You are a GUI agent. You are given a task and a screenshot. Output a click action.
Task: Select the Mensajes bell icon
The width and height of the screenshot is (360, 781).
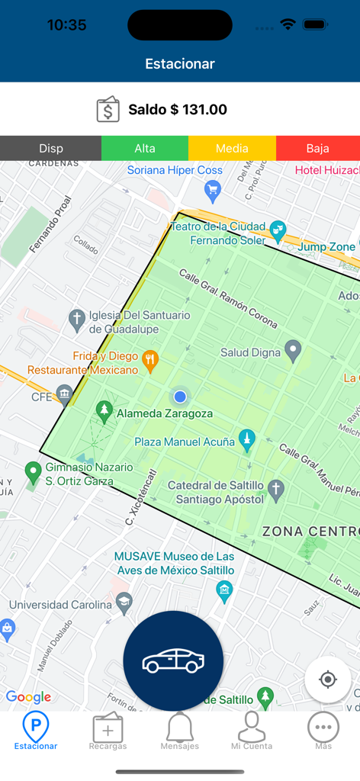pos(180,731)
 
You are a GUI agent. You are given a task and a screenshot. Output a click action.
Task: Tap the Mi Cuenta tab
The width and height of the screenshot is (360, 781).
pos(252,731)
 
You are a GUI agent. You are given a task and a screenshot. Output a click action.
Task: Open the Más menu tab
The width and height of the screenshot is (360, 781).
pos(323,731)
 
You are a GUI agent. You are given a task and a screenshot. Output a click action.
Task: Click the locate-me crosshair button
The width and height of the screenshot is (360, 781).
pos(328,680)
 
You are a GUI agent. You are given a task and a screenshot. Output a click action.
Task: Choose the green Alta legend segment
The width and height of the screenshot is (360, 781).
pos(145,148)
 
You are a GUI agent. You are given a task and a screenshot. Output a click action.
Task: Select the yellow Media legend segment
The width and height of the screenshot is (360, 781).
pos(232,148)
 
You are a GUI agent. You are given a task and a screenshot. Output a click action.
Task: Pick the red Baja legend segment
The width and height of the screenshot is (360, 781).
pos(317,148)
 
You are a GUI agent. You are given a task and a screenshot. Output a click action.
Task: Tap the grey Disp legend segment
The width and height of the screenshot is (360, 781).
pos(51,148)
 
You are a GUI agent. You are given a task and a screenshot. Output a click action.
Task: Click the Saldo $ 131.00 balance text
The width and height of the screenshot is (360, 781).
pos(178,110)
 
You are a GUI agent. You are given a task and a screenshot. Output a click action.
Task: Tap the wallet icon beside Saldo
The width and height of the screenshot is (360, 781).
pos(108,110)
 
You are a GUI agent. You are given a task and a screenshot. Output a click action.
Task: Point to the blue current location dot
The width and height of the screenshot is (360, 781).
pos(180,397)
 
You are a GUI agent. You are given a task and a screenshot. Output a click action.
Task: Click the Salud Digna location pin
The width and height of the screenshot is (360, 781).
pos(293,351)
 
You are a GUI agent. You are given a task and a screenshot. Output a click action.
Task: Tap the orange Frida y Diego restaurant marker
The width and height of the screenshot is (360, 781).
pos(151,362)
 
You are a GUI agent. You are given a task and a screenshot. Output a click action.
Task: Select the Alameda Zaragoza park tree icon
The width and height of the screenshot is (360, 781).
pos(104,412)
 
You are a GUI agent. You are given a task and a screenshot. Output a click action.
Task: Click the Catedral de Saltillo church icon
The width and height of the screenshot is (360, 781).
pos(276,488)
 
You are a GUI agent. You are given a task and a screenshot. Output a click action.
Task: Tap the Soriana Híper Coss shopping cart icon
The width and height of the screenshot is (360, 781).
pos(213,189)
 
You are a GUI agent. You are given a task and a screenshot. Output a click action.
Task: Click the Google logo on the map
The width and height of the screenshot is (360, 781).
pos(28,697)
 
